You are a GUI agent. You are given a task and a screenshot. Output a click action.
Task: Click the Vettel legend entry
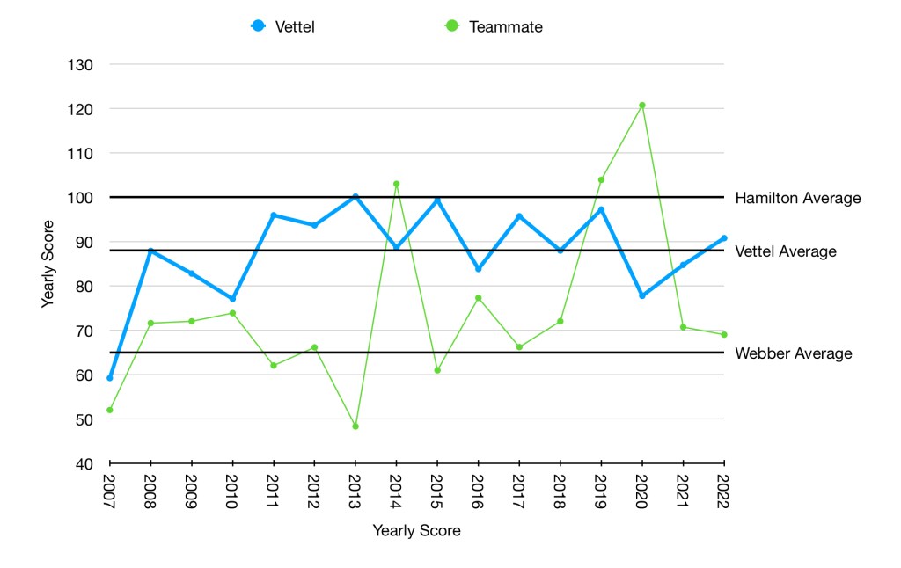[x=282, y=26]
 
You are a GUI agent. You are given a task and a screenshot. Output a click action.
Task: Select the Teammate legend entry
[x=494, y=26]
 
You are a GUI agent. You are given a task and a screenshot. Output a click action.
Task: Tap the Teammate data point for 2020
[x=642, y=106]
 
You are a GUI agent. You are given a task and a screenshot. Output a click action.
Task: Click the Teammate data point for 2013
[x=355, y=426]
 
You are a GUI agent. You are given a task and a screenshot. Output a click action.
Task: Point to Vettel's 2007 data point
[x=110, y=378]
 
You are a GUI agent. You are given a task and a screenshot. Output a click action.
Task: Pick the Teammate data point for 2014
[x=396, y=184]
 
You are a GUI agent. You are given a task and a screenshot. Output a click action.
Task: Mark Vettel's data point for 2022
[x=724, y=238]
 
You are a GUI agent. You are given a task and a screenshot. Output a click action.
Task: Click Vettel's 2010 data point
[x=232, y=299]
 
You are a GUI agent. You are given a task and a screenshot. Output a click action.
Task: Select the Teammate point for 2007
[x=110, y=410]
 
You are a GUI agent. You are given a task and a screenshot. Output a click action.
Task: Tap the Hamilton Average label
[x=797, y=199]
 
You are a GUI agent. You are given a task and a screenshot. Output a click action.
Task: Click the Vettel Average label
[x=785, y=251]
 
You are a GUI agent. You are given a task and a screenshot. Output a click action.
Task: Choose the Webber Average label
[x=793, y=353]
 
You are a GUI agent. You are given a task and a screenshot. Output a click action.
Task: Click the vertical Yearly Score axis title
[x=48, y=264]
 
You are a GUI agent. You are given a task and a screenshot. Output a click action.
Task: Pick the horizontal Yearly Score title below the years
[x=416, y=531]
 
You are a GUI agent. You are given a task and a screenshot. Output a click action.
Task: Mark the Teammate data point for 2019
[x=601, y=179]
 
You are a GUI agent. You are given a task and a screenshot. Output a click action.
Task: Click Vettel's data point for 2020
[x=642, y=295]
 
